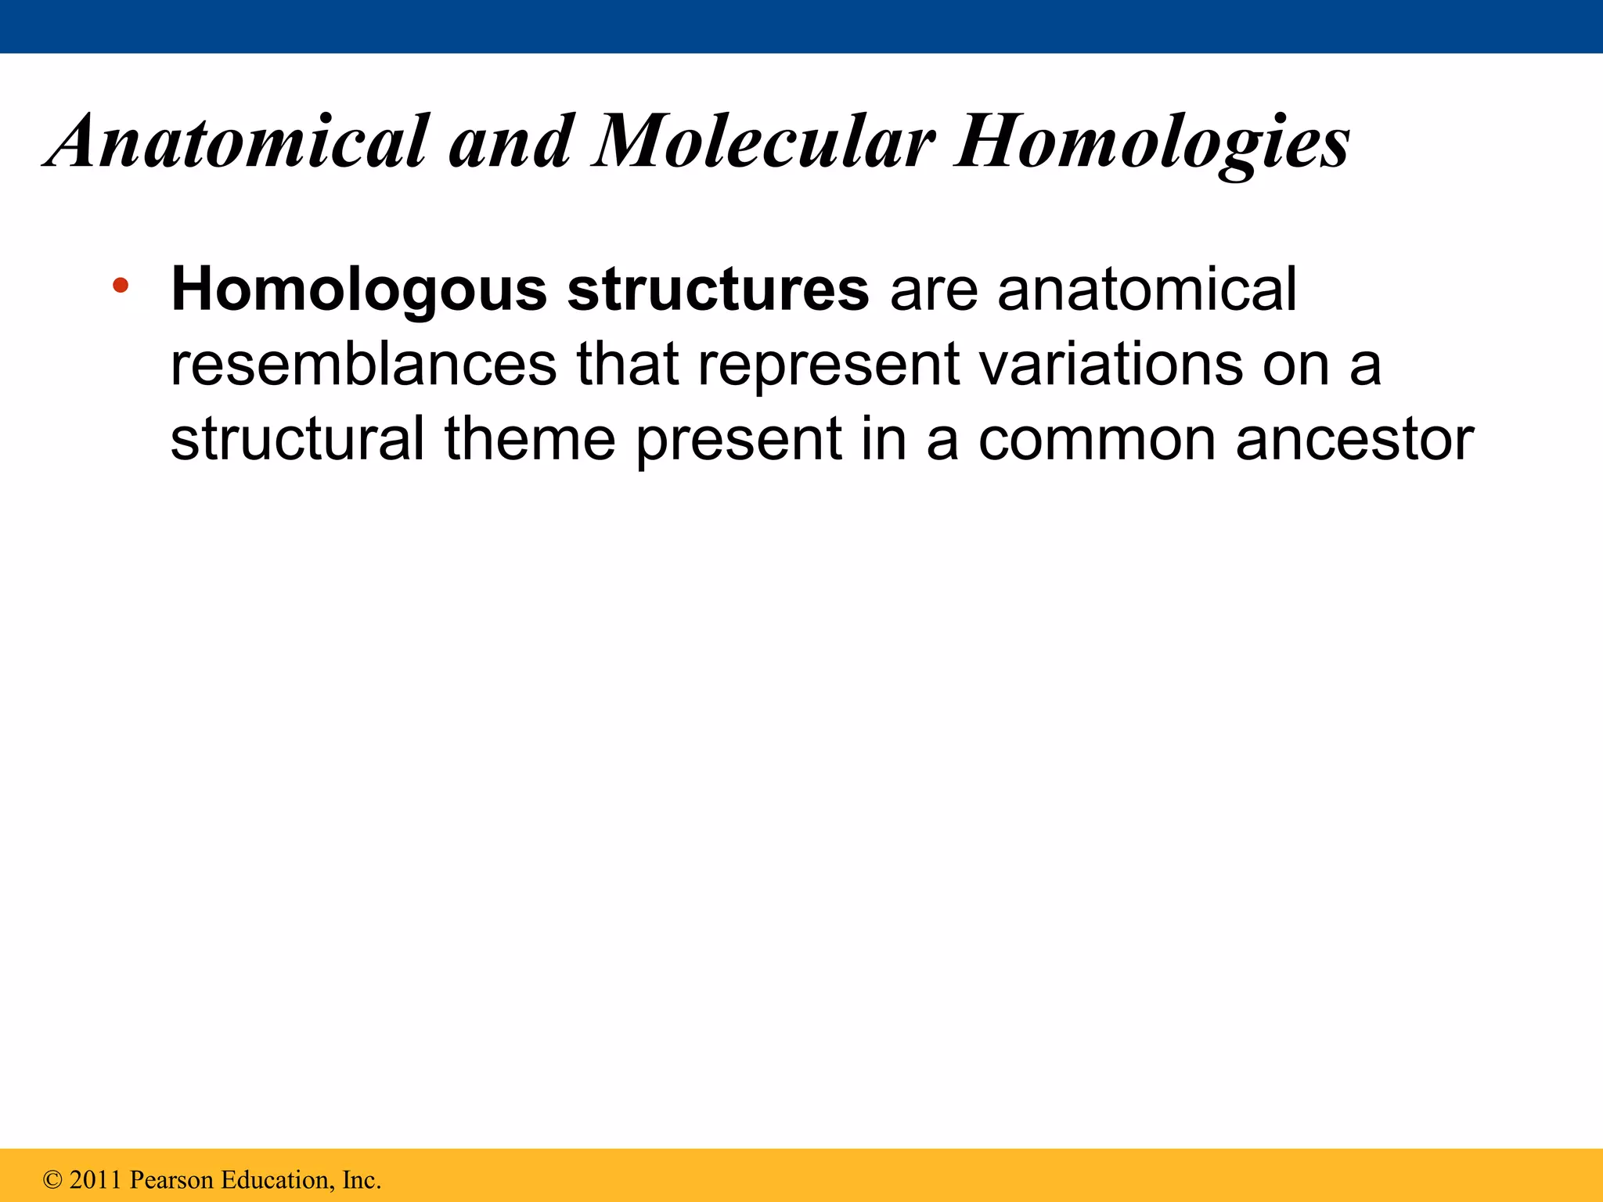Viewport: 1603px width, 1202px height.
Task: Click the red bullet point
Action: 121,285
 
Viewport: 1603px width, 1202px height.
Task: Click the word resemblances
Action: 363,364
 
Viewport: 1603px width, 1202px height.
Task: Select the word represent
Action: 828,364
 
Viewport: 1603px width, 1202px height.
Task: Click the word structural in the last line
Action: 297,438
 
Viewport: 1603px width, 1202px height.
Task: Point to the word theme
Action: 530,438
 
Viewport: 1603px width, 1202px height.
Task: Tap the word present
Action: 738,438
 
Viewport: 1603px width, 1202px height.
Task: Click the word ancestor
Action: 1355,438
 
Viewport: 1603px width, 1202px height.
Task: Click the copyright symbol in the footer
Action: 52,1179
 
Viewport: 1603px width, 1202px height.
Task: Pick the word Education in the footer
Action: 276,1179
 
